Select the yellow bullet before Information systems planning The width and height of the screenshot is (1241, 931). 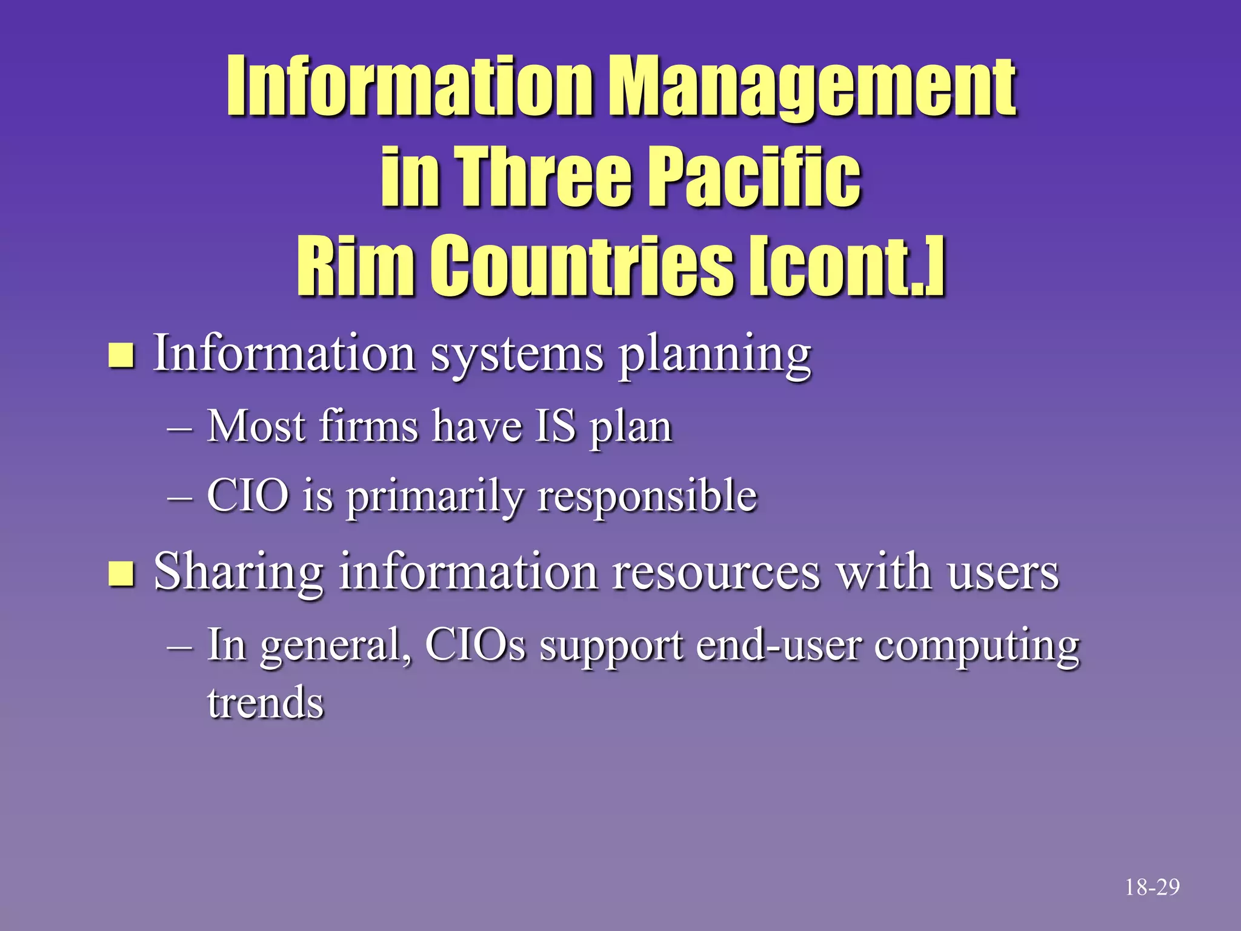point(121,356)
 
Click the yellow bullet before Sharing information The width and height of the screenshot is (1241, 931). point(121,573)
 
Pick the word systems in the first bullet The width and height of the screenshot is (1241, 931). point(517,355)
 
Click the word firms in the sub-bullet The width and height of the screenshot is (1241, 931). point(368,426)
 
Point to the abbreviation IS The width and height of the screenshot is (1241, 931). point(554,426)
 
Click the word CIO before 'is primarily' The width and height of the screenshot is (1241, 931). point(248,495)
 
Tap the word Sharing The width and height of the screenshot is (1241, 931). point(239,573)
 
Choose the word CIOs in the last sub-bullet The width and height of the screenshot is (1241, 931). point(475,644)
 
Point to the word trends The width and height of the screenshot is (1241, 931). point(265,703)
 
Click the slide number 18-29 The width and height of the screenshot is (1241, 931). point(1152,888)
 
